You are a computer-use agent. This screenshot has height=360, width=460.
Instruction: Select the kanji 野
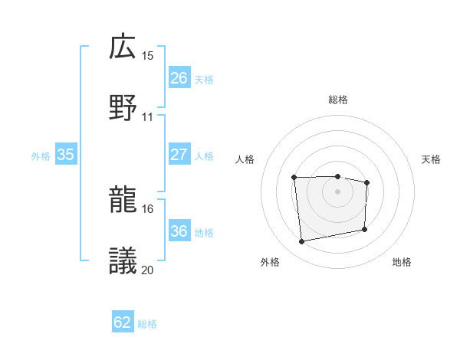(x=123, y=107)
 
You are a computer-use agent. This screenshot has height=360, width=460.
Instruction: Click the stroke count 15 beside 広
(x=148, y=56)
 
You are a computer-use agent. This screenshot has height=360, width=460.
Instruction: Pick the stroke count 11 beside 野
(x=148, y=117)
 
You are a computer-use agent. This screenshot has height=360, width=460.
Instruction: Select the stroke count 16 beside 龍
(x=148, y=208)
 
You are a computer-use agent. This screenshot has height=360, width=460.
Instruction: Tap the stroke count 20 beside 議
(x=148, y=269)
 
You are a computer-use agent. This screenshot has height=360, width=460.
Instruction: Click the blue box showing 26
(x=179, y=78)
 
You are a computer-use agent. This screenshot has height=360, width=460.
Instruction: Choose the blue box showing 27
(x=179, y=155)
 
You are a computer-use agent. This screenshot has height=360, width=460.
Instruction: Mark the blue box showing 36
(x=179, y=231)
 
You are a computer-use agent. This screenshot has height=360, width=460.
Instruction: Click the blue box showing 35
(x=66, y=155)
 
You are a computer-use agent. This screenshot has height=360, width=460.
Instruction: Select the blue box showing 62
(x=123, y=322)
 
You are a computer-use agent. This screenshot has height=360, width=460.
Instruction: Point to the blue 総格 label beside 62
(x=148, y=324)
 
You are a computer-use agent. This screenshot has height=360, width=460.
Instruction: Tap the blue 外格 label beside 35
(x=41, y=156)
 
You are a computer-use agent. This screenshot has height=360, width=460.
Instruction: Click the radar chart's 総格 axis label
(x=337, y=100)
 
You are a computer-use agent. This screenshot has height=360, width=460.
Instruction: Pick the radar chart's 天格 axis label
(x=432, y=159)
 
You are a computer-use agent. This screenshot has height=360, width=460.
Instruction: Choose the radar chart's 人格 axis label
(x=245, y=159)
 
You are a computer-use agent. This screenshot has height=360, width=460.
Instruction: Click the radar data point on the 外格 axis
(x=302, y=242)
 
